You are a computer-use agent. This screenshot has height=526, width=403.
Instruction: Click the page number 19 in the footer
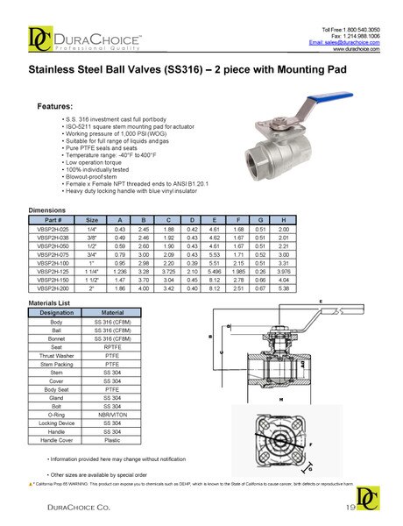[x=350, y=508]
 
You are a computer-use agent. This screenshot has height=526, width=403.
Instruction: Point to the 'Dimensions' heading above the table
[x=47, y=211]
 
